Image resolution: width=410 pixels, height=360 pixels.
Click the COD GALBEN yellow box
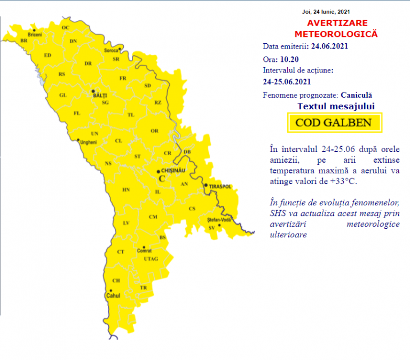tap(334, 123)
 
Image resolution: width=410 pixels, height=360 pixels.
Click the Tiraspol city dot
tap(206, 185)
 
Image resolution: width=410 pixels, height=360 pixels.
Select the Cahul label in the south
tap(114, 295)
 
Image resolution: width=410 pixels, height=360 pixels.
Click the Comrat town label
tap(144, 250)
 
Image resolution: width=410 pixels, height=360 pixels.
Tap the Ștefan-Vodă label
tap(218, 220)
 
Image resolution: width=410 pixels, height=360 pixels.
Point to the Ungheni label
tap(87, 142)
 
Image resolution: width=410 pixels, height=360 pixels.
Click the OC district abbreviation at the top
tap(66, 27)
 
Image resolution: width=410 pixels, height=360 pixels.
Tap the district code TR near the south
tap(143, 288)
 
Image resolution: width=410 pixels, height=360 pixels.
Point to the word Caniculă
tap(356, 95)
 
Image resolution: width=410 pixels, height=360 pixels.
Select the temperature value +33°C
tap(342, 181)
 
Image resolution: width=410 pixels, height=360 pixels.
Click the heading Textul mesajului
tap(336, 106)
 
